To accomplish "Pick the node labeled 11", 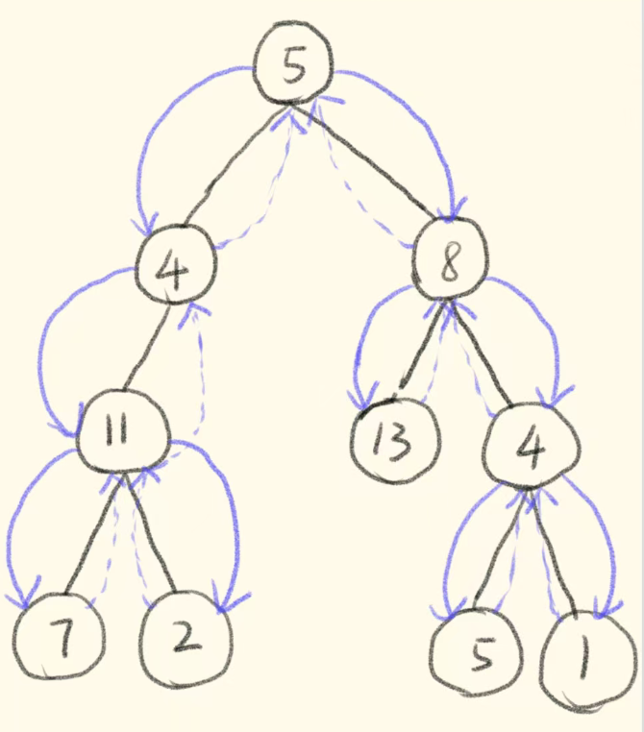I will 117,435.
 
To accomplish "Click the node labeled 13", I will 394,443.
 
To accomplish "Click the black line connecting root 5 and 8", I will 370,162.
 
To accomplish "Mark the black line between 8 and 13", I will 420,346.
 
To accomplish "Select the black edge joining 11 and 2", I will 149,533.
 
